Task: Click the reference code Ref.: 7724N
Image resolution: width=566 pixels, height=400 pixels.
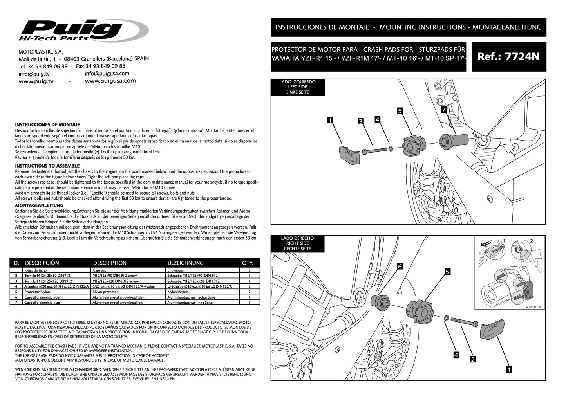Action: click(508, 57)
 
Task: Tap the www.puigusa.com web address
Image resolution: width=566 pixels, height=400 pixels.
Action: click(110, 81)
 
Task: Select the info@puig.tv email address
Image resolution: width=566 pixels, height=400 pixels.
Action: click(34, 74)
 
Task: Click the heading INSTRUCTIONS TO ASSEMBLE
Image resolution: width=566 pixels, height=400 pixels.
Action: click(47, 166)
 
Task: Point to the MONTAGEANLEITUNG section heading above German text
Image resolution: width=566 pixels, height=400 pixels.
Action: click(39, 205)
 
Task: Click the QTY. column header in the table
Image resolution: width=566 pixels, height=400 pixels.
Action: click(248, 263)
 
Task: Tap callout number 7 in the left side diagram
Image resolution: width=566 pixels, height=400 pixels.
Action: click(443, 110)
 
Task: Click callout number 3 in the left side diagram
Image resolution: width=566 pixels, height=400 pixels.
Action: click(360, 121)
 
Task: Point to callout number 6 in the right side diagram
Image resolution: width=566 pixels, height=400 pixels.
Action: click(400, 266)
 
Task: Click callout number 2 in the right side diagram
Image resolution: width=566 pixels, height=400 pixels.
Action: click(473, 359)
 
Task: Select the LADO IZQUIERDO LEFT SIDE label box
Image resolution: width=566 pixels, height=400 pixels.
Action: click(298, 87)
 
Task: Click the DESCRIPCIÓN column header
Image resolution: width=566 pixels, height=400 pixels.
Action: click(42, 263)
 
